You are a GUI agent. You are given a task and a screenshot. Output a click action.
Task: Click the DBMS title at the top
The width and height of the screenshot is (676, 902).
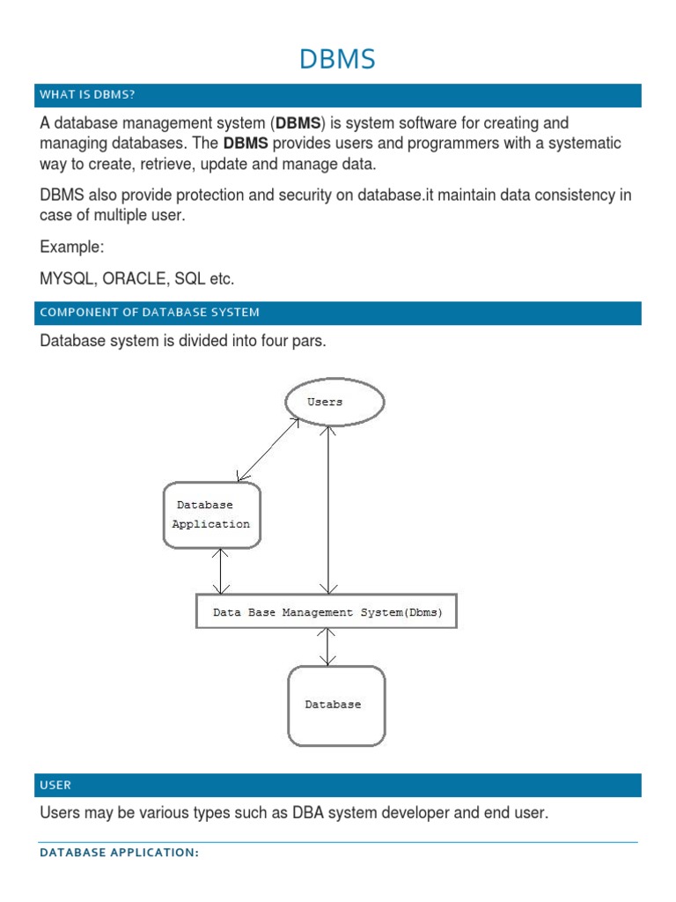click(x=337, y=59)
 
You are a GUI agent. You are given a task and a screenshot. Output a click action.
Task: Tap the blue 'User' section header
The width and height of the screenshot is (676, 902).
click(x=55, y=785)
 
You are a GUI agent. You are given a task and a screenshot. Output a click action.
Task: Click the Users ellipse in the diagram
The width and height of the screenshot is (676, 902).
click(x=334, y=403)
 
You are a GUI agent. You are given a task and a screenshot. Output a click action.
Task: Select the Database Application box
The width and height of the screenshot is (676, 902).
click(x=212, y=515)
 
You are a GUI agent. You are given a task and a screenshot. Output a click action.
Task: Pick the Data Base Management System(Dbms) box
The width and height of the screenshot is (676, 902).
click(x=326, y=611)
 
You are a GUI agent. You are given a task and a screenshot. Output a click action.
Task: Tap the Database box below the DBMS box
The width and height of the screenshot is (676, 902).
click(x=335, y=705)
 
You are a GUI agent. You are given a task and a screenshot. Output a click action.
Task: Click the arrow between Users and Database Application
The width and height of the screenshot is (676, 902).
click(x=268, y=449)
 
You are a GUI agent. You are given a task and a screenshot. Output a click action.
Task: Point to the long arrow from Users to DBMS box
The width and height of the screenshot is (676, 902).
click(x=328, y=511)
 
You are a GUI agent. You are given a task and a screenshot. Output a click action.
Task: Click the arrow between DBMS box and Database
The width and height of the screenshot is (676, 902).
click(x=328, y=647)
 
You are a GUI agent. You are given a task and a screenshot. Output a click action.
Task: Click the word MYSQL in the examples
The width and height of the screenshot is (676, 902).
click(x=67, y=279)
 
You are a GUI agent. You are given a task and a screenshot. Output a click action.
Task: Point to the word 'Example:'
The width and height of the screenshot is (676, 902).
click(x=72, y=248)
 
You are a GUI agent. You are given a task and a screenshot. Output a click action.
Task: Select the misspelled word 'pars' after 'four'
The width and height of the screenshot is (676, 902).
click(x=310, y=341)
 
